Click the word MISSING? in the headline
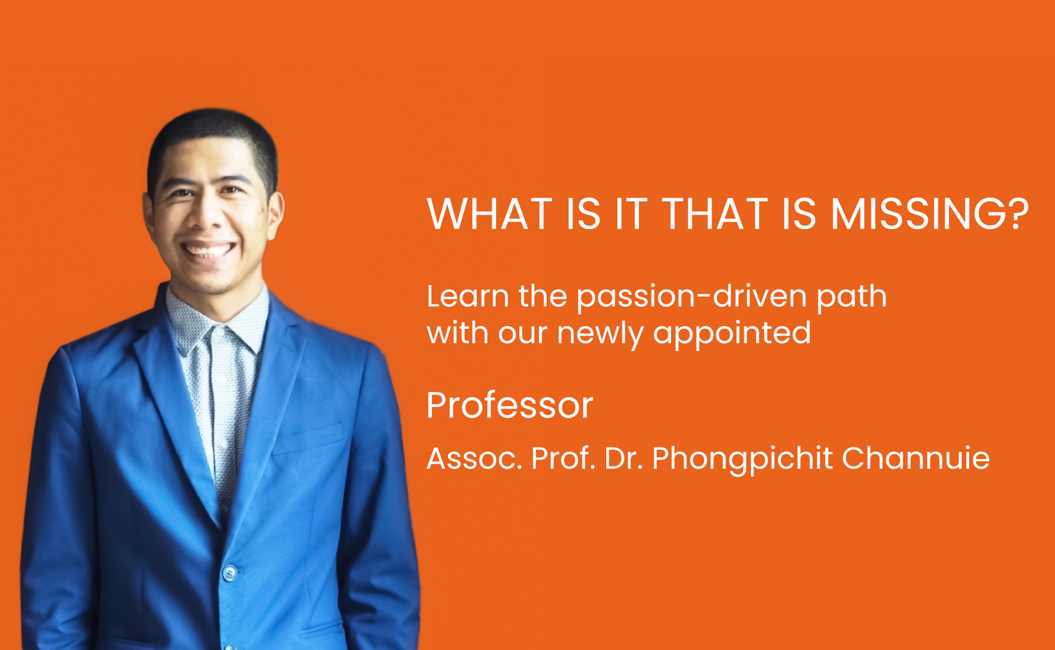tap(929, 214)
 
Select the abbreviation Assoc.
tap(474, 458)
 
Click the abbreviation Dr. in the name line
tap(623, 458)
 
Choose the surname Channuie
tap(915, 458)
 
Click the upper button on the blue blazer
tap(229, 572)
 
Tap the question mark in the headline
tap(1016, 214)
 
